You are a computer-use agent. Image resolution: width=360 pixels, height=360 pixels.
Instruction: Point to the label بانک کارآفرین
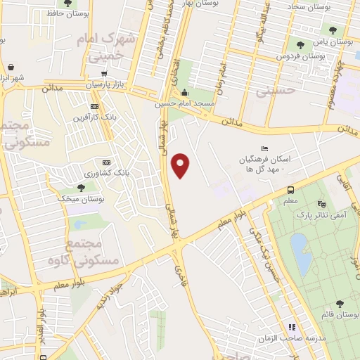coord(94,117)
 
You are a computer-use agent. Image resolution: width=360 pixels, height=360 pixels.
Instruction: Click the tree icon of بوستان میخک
coord(81,188)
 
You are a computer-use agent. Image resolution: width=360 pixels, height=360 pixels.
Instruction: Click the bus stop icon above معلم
coord(290,189)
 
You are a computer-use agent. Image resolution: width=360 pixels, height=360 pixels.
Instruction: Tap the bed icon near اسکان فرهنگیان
coord(264,148)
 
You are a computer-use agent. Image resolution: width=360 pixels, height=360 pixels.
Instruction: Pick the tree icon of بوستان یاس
coord(331,30)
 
